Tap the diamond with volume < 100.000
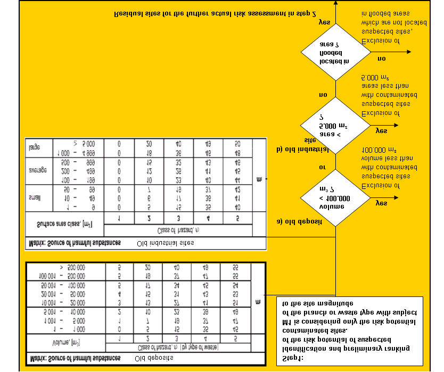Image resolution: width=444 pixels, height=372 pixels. [x=334, y=198]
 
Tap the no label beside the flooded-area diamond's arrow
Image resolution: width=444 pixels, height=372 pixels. [x=381, y=58]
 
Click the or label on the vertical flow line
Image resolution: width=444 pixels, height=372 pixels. [x=322, y=167]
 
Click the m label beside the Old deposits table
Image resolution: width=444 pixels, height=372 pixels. [x=258, y=302]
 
